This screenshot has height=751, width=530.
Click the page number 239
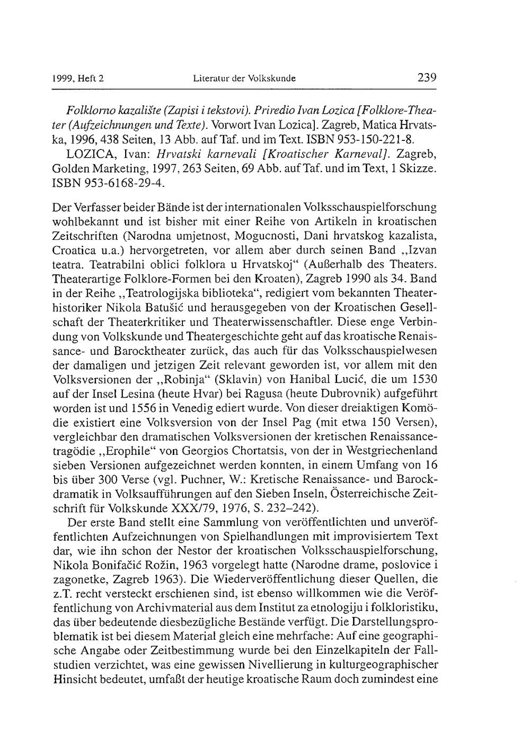[x=427, y=78]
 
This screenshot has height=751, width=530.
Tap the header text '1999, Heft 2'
[x=78, y=79]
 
